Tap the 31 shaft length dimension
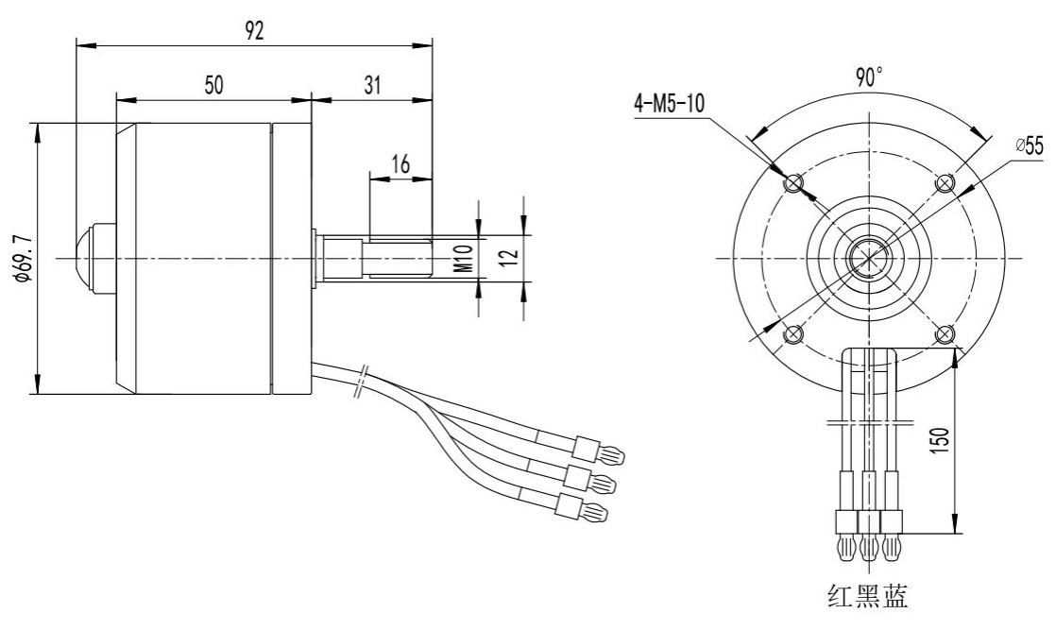click(x=371, y=84)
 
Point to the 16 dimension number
click(x=400, y=163)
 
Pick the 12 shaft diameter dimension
click(x=508, y=257)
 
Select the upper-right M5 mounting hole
click(x=943, y=182)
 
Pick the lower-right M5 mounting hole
click(x=943, y=332)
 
